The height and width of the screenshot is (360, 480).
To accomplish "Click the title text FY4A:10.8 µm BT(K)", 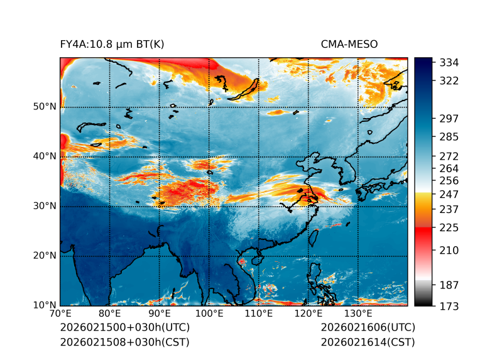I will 112,44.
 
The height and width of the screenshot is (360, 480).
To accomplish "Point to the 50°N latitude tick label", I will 45,107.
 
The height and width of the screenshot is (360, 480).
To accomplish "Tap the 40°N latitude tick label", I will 45,156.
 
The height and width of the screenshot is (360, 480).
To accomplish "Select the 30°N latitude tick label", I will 45,206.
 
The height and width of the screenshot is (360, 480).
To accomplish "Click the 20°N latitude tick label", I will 45,256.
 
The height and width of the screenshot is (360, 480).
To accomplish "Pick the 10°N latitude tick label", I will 45,305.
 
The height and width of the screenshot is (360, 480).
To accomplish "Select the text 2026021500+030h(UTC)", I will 125,328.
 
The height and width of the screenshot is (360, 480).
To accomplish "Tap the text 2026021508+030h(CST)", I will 124,342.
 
